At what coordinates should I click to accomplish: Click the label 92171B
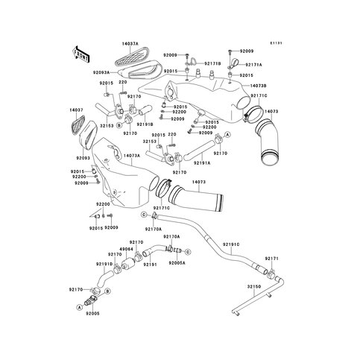(x=212, y=64)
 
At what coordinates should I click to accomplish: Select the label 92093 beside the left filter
(x=83, y=157)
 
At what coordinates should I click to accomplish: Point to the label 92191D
(x=104, y=264)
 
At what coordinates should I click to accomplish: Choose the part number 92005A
(x=177, y=263)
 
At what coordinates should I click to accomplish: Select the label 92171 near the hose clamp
(x=271, y=258)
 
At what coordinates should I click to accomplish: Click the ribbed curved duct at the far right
(x=266, y=142)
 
